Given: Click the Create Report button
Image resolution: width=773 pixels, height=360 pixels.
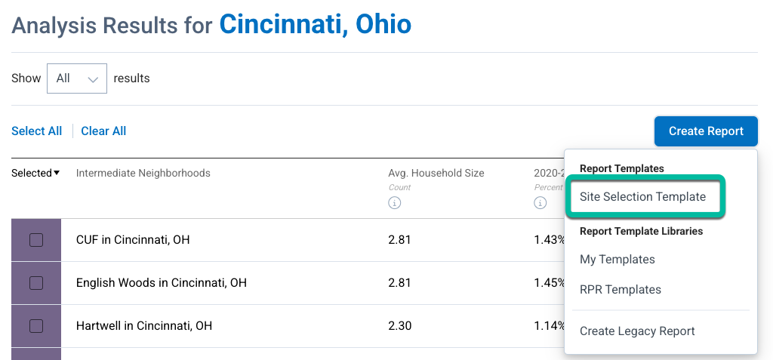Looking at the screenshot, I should tap(706, 131).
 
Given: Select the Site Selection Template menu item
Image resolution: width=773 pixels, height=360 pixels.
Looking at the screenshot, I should tap(642, 197).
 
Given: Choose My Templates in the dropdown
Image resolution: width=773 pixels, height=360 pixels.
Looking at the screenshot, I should tap(617, 260).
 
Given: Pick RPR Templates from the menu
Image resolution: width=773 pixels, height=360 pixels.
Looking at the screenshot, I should tap(620, 290).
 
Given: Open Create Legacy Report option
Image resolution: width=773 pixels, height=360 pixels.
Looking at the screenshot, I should tap(637, 331).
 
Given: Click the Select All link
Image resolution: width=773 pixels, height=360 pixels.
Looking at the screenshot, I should tap(36, 131).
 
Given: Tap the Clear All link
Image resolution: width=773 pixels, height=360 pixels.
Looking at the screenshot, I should tap(103, 131).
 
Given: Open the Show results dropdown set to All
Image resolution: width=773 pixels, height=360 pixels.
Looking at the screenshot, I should tap(76, 78).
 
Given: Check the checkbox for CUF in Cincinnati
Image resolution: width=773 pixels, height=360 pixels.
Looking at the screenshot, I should tap(35, 241).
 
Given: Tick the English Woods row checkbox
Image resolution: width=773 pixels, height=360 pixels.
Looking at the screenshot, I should tap(35, 283).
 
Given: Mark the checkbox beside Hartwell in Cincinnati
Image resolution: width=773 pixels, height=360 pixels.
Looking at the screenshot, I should tap(35, 326).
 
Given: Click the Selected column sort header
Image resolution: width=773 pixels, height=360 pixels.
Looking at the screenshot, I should tap(35, 174).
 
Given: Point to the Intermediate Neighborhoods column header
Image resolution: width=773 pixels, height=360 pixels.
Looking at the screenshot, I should tap(143, 174).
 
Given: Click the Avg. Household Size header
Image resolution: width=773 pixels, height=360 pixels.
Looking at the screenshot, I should tap(436, 174).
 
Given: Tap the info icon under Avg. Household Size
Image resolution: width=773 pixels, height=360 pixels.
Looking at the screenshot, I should tap(394, 203).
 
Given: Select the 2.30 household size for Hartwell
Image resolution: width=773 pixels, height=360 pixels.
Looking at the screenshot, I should tap(399, 326).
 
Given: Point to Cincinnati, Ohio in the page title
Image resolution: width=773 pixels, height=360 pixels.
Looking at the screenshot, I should tap(315, 24).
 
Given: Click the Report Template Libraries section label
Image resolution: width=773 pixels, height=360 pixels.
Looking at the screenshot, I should tap(641, 232).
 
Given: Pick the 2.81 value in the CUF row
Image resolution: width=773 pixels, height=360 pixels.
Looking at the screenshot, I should tap(399, 241).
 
